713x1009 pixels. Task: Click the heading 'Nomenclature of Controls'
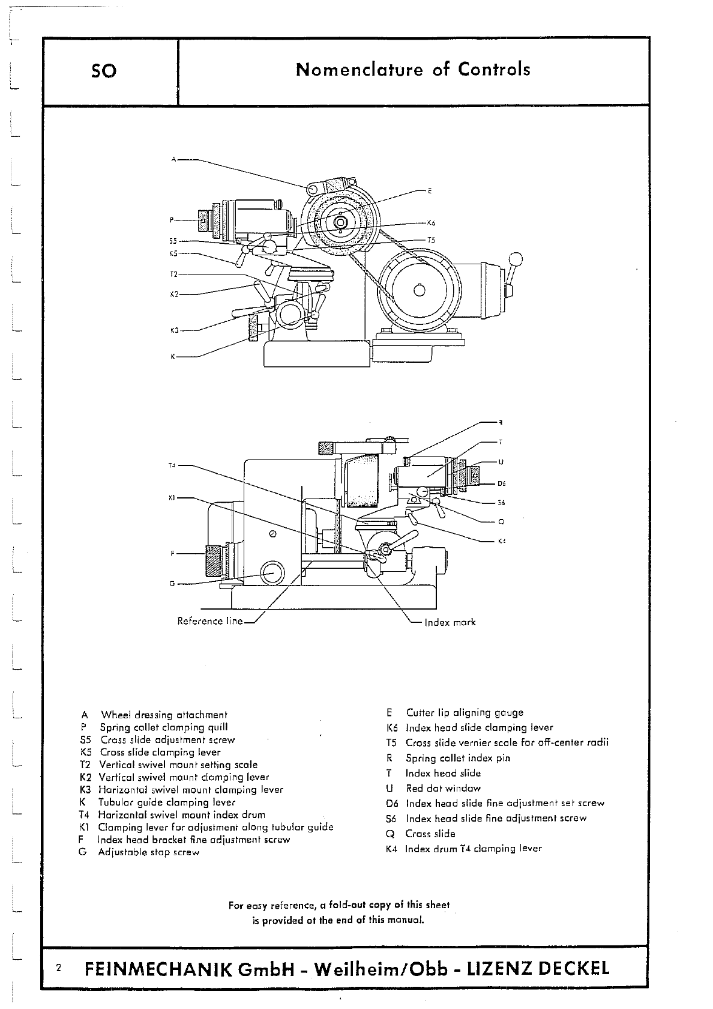point(413,70)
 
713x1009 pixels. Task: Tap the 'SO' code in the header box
point(104,71)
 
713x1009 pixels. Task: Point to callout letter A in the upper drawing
point(173,160)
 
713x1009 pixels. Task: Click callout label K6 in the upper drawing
point(431,223)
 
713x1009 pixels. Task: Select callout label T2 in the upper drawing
point(173,274)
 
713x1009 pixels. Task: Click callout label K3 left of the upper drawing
point(175,330)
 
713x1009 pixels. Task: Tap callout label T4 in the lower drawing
point(172,465)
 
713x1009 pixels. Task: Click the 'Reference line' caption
point(209,621)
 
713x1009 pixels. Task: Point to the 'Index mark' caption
point(450,622)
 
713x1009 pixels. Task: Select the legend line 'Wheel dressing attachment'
point(164,715)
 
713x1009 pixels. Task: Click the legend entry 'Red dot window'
point(443,788)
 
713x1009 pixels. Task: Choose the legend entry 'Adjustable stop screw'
point(148,852)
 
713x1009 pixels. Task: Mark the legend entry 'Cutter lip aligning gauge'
point(465,712)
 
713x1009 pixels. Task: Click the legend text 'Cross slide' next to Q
point(430,834)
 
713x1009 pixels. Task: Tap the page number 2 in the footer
point(58,968)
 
